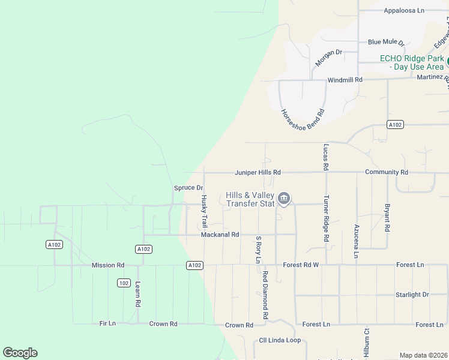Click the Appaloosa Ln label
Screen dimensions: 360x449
[404, 10]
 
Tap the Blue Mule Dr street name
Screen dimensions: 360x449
[387, 43]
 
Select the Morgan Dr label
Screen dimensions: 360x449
[328, 58]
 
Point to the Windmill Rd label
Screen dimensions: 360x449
[345, 80]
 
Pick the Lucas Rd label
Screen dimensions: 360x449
[326, 156]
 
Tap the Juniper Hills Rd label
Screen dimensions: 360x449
[258, 172]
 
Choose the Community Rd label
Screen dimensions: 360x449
[387, 172]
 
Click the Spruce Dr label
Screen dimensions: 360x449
[188, 188]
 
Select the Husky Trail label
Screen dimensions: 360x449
[204, 211]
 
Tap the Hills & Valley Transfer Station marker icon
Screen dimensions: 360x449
[285, 197]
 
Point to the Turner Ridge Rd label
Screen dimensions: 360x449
[326, 219]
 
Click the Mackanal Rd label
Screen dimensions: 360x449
[220, 235]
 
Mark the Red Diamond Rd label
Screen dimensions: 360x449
[265, 295]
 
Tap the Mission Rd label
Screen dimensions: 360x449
[108, 265]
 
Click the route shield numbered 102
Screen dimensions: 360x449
[124, 283]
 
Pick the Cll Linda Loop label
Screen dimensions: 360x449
[280, 340]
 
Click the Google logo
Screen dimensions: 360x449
[20, 353]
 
